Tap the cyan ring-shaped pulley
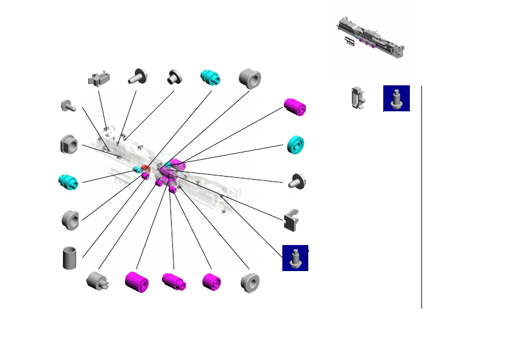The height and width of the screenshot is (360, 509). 296,143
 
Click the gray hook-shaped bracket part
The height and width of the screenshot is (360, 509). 291,220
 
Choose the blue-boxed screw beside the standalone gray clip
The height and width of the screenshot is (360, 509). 397,98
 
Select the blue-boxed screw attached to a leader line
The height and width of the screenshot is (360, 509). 295,258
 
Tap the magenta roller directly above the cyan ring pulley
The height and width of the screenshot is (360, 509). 295,106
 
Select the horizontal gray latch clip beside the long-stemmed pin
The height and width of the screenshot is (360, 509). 100,79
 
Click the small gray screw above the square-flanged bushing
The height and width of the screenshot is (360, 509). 67,106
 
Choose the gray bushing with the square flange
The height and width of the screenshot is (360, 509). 70,145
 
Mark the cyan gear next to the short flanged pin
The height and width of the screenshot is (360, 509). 211,78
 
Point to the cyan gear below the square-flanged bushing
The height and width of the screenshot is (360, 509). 68,181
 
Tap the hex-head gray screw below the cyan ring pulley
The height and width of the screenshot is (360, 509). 297,180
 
